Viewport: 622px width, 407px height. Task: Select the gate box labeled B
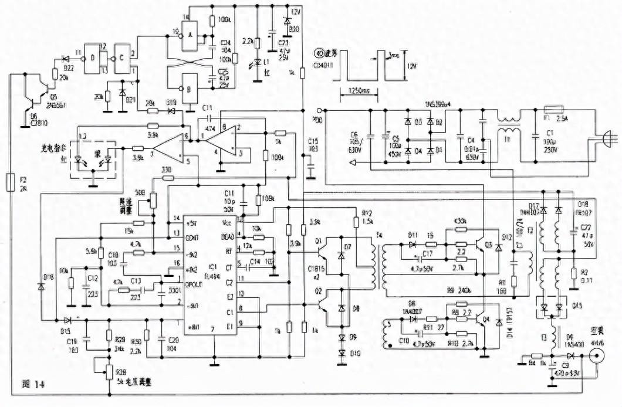(191, 88)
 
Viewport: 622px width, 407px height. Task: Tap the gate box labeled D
(93, 57)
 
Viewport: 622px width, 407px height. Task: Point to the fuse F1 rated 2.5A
(554, 109)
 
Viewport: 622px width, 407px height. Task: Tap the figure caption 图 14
(32, 385)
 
